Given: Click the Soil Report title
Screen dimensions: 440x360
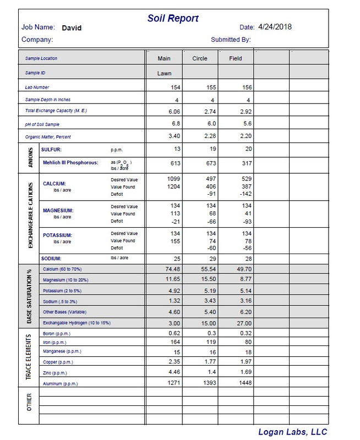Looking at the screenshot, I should (x=173, y=19).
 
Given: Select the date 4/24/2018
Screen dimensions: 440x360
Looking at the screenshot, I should (x=273, y=26).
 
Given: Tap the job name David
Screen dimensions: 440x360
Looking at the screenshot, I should (x=72, y=27).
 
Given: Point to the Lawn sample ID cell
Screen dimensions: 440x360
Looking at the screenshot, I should (x=165, y=73).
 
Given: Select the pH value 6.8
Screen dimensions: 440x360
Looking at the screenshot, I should (x=175, y=124).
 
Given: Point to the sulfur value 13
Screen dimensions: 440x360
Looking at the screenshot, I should (x=176, y=148).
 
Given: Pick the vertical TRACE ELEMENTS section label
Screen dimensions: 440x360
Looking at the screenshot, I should (x=29, y=358).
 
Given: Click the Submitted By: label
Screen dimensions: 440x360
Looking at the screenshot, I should (x=231, y=40).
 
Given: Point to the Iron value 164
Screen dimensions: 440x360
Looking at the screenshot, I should (x=175, y=343).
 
